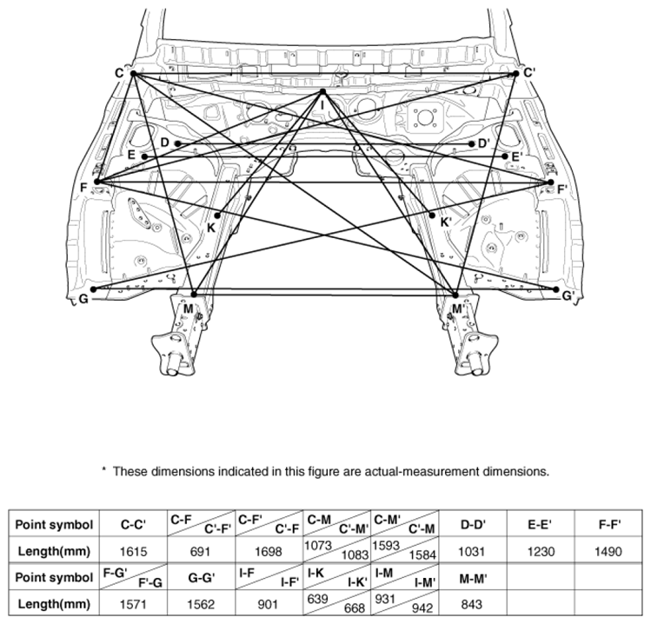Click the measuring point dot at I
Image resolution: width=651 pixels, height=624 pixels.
point(322,92)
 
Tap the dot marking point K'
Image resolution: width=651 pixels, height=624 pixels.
point(432,215)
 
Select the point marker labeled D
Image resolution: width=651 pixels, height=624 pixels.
point(177,143)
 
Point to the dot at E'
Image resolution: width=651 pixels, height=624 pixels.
point(504,156)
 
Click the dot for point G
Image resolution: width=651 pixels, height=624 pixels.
point(93,289)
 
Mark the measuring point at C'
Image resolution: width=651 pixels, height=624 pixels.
point(516,74)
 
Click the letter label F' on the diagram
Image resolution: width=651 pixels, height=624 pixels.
point(562,189)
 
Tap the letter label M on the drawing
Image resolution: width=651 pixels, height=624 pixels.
point(188,309)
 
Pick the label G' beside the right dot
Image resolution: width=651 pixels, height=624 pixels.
point(568,296)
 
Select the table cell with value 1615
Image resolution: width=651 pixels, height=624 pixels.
point(133,551)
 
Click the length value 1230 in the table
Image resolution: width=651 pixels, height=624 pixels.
point(541,551)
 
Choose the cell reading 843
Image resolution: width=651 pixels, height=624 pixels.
point(472,605)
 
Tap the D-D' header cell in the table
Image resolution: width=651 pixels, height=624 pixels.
point(473,525)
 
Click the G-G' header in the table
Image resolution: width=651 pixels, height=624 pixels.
point(202,577)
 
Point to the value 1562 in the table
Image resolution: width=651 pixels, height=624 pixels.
point(201,605)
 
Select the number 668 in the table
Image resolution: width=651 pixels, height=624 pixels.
point(354,608)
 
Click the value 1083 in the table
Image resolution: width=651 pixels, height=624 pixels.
point(355,554)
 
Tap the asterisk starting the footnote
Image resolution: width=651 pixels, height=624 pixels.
point(103,469)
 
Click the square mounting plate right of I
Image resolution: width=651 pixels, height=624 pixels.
point(423,118)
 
